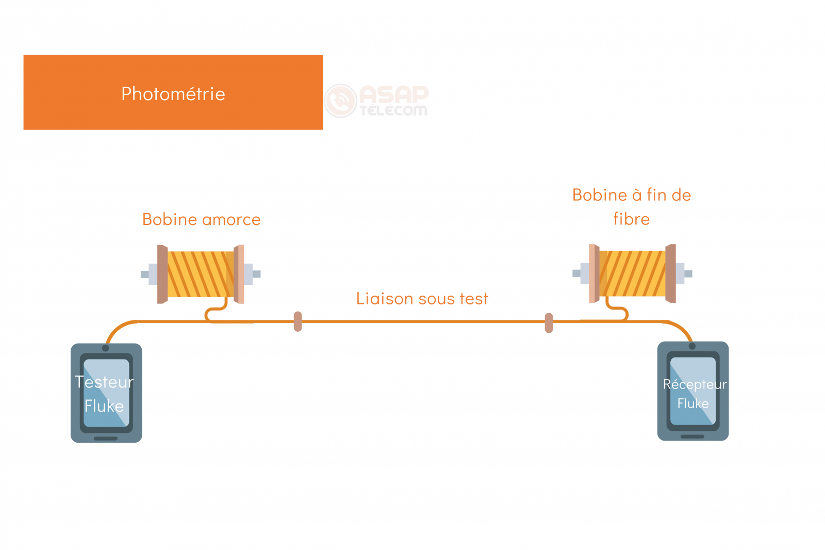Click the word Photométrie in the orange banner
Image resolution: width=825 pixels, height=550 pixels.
[173, 94]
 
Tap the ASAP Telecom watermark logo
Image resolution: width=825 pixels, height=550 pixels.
[377, 101]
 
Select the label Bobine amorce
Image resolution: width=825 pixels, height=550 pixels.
[201, 220]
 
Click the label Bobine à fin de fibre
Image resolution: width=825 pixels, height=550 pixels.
[631, 206]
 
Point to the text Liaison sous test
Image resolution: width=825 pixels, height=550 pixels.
[422, 299]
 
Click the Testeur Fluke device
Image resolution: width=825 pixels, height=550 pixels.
[106, 393]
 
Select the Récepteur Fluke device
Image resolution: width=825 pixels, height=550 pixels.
[692, 391]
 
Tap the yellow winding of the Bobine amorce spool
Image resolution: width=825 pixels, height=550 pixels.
[200, 274]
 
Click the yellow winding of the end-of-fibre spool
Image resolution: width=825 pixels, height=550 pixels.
[632, 273]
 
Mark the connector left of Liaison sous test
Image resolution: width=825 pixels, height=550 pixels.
[298, 321]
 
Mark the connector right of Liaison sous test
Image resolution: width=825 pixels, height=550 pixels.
[549, 323]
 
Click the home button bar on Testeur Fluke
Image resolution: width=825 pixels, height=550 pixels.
[106, 439]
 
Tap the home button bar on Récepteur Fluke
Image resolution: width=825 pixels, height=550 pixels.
[692, 436]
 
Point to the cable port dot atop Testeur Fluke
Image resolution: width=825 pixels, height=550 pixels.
[106, 348]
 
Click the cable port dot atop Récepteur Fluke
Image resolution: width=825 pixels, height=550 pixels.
[692, 346]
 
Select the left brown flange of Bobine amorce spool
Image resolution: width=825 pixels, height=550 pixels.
[162, 274]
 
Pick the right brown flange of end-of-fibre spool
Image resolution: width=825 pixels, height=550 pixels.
[670, 273]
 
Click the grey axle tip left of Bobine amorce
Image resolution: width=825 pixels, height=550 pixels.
[145, 274]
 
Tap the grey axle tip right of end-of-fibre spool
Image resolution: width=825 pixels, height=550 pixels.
[688, 273]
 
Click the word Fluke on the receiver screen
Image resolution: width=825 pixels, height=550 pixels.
[692, 403]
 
